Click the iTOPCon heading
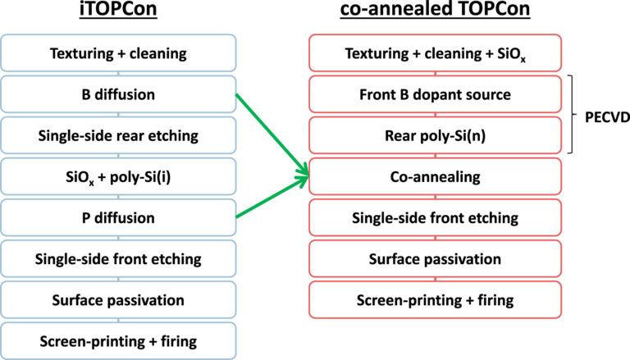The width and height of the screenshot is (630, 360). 118,9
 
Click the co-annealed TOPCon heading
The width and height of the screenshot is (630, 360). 435,9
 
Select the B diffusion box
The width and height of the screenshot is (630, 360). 118,94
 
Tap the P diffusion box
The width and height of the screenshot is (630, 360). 118,218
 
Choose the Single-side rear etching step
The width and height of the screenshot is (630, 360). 118,135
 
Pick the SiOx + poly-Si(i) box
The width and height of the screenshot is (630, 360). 118,177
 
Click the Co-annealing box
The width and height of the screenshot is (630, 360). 435,177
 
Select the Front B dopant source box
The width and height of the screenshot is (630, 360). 435,94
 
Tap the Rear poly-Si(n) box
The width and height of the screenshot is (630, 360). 435,135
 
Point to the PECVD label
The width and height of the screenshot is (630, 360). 607,117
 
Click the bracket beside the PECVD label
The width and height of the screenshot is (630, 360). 572,114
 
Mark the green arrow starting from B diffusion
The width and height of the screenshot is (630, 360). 272,134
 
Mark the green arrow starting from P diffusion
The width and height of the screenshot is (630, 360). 272,197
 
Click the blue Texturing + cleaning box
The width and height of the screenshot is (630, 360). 118,53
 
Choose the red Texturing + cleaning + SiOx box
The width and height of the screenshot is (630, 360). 435,53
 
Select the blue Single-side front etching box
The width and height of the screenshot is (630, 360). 118,259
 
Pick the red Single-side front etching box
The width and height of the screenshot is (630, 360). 435,218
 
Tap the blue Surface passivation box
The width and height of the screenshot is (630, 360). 118,300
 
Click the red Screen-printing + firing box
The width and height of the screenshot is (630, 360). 435,300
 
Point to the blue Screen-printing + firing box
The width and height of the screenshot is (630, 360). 118,341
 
